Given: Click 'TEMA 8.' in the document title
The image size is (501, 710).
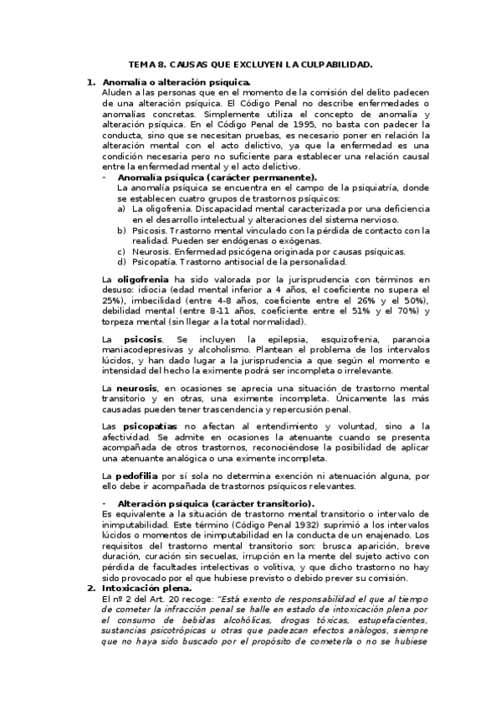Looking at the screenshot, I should click(147, 64).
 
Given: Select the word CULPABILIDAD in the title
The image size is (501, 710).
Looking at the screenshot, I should click(332, 64).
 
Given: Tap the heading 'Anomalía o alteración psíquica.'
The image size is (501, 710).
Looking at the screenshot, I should click(176, 82).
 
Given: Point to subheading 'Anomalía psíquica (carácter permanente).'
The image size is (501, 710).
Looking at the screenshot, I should click(217, 177).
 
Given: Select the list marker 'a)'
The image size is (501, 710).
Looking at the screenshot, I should click(122, 208).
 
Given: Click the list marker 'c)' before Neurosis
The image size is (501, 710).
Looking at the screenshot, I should click(122, 251).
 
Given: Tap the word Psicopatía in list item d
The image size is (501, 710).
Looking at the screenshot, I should click(157, 262).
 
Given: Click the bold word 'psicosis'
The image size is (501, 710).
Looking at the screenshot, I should click(143, 338).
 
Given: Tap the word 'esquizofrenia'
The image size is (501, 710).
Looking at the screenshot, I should click(328, 338).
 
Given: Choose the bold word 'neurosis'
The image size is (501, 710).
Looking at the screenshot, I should click(139, 388).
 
